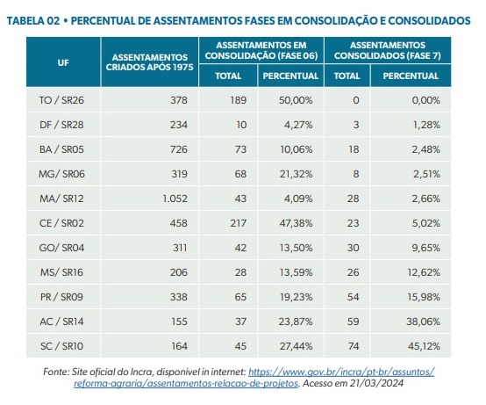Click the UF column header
tap(63, 62)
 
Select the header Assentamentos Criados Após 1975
tap(150, 62)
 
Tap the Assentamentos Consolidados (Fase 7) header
tap(388, 50)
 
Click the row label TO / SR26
tap(61, 100)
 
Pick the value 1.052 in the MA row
tap(175, 199)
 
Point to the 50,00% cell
tap(296, 100)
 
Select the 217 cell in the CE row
tap(239, 223)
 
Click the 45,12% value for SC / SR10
tap(424, 346)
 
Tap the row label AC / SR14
tap(61, 322)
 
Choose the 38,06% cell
tap(423, 322)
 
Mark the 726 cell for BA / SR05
tap(179, 149)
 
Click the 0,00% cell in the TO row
tap(425, 100)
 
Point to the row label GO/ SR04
tap(61, 248)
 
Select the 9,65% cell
tap(425, 248)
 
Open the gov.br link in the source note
tap(254, 378)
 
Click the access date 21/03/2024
tap(376, 383)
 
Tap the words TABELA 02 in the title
tap(33, 20)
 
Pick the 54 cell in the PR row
tap(353, 297)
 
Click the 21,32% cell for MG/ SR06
tap(296, 174)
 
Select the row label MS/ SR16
tap(61, 272)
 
